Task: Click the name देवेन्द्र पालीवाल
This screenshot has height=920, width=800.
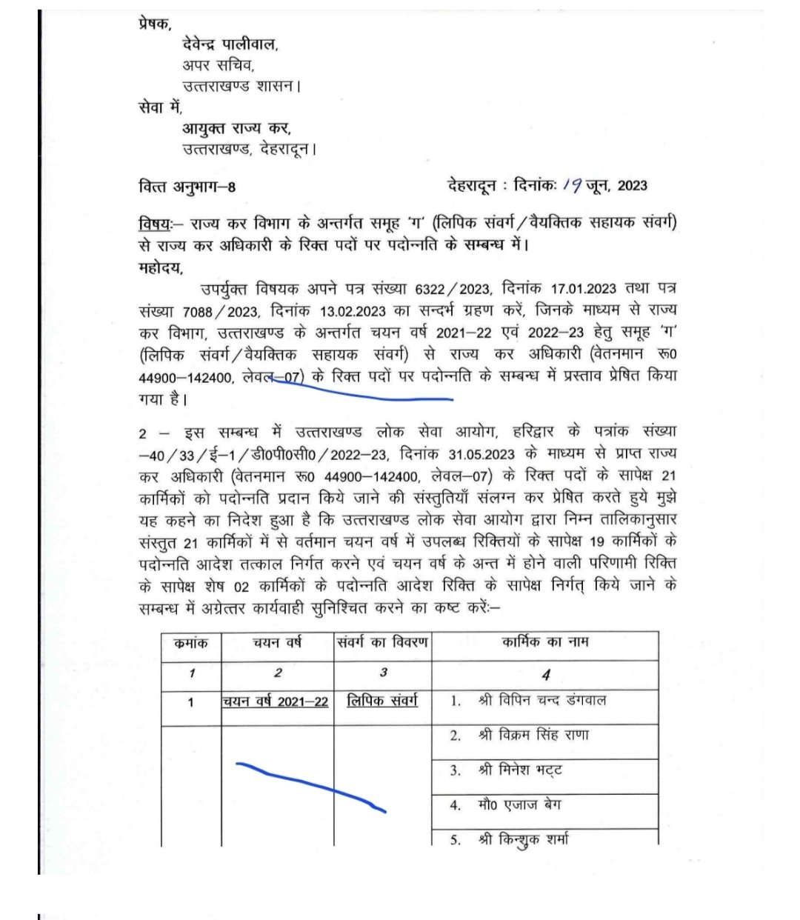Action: pos(230,44)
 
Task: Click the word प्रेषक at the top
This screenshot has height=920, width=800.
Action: pos(155,24)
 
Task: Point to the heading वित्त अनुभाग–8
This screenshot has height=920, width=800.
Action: pos(187,186)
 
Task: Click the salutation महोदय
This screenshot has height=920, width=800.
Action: pos(160,267)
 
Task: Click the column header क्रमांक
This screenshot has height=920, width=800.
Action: pos(191,643)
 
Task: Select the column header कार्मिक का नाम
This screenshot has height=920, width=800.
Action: pos(545,642)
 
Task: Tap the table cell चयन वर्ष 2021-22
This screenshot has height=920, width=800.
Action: pos(275,701)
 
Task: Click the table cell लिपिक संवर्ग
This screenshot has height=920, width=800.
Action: pos(382,700)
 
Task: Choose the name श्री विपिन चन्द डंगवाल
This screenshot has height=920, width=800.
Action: pos(541,700)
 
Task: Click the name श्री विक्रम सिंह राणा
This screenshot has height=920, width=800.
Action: pos(533,736)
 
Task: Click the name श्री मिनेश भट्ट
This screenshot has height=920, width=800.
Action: pos(520,770)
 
